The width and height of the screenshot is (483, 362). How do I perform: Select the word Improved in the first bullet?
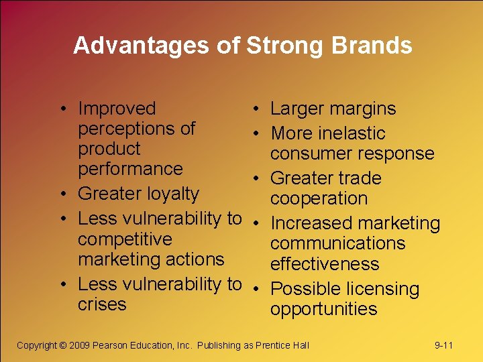point(117,109)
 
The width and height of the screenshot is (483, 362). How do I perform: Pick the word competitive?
point(125,239)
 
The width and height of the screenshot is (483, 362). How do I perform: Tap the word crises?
point(102,304)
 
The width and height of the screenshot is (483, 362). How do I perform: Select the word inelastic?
point(352,133)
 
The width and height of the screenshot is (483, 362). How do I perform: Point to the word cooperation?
point(319,198)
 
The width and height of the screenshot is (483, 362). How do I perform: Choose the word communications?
point(337,243)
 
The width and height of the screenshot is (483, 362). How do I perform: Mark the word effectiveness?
point(325,264)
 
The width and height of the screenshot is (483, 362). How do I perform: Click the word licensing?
point(383,289)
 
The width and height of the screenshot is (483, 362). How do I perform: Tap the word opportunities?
point(323,309)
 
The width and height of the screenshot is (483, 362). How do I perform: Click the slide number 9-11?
point(444,345)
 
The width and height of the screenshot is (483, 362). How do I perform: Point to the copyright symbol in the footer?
point(62,345)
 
